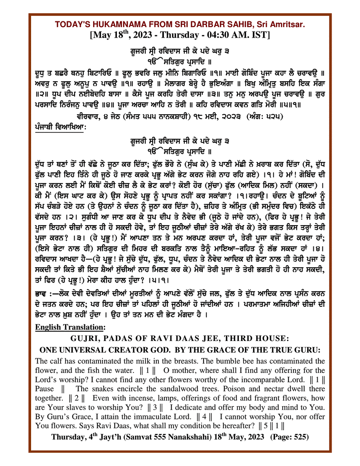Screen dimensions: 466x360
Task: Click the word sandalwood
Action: point(171,389)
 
